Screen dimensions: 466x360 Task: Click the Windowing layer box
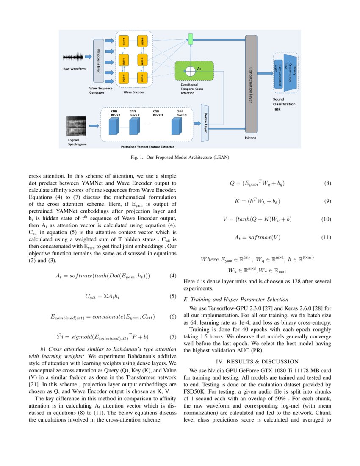click(x=98, y=61)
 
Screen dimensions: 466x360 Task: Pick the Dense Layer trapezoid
click(x=205, y=123)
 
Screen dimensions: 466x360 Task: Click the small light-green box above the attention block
click(x=191, y=40)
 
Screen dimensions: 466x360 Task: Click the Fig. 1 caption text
click(x=180, y=158)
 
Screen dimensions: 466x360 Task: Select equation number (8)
click(x=327, y=183)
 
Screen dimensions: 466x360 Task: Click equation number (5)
click(x=172, y=297)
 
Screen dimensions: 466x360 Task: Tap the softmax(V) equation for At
click(x=257, y=237)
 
